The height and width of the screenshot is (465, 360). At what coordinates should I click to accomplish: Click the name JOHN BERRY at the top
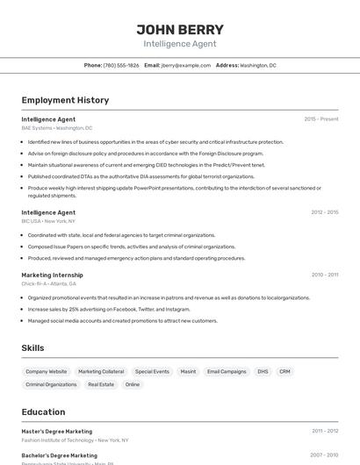pyautogui.click(x=180, y=29)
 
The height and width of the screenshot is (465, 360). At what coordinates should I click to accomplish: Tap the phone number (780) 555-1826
pyautogui.click(x=121, y=65)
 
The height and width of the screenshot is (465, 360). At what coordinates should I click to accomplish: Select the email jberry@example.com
pyautogui.click(x=185, y=65)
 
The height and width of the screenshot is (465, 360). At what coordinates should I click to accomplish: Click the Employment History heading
pyautogui.click(x=65, y=100)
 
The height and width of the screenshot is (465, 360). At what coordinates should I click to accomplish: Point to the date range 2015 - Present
pyautogui.click(x=320, y=118)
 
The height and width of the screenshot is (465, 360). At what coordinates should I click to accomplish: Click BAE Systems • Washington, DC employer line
pyautogui.click(x=57, y=128)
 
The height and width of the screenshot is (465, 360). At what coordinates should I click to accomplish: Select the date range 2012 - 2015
pyautogui.click(x=324, y=212)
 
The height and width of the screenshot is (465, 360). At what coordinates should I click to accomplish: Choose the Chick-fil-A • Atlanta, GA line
pyautogui.click(x=49, y=284)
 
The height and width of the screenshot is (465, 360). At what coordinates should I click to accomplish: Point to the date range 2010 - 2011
pyautogui.click(x=324, y=275)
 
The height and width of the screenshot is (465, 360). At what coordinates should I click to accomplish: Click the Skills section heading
pyautogui.click(x=32, y=348)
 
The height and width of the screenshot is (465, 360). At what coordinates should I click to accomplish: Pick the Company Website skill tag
pyautogui.click(x=46, y=371)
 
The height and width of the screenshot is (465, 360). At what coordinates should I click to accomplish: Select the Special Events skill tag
pyautogui.click(x=152, y=371)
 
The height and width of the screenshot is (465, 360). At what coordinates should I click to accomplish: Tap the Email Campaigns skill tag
pyautogui.click(x=227, y=371)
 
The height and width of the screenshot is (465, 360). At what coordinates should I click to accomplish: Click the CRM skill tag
pyautogui.click(x=284, y=371)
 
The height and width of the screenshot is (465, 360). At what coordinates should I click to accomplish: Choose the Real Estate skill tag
pyautogui.click(x=101, y=384)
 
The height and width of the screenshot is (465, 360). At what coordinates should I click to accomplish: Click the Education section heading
pyautogui.click(x=43, y=411)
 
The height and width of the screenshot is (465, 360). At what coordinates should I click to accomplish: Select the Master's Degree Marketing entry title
pyautogui.click(x=56, y=431)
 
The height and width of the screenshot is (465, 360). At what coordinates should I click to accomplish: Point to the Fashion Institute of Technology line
pyautogui.click(x=75, y=440)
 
